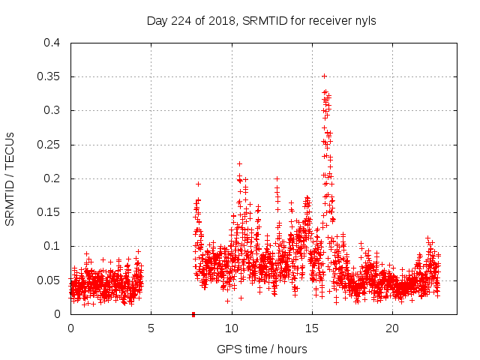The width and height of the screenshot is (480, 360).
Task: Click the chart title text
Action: [x=261, y=21]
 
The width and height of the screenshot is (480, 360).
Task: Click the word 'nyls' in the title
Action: [x=364, y=21]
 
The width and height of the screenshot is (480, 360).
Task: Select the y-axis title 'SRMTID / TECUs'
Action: [x=10, y=178]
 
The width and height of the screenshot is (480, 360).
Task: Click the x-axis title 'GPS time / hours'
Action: [x=261, y=349]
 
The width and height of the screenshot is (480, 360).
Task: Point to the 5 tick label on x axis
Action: [x=151, y=328]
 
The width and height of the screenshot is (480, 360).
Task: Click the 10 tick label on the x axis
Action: [x=231, y=328]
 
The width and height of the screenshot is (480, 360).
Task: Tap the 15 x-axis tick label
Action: [x=311, y=328]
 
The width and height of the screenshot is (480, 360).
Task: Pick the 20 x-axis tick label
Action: [x=391, y=328]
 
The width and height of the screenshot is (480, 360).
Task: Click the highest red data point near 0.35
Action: [x=324, y=76]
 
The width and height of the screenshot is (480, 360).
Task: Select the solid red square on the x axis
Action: [x=193, y=313]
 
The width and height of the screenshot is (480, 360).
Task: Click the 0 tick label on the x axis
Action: [x=70, y=328]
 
